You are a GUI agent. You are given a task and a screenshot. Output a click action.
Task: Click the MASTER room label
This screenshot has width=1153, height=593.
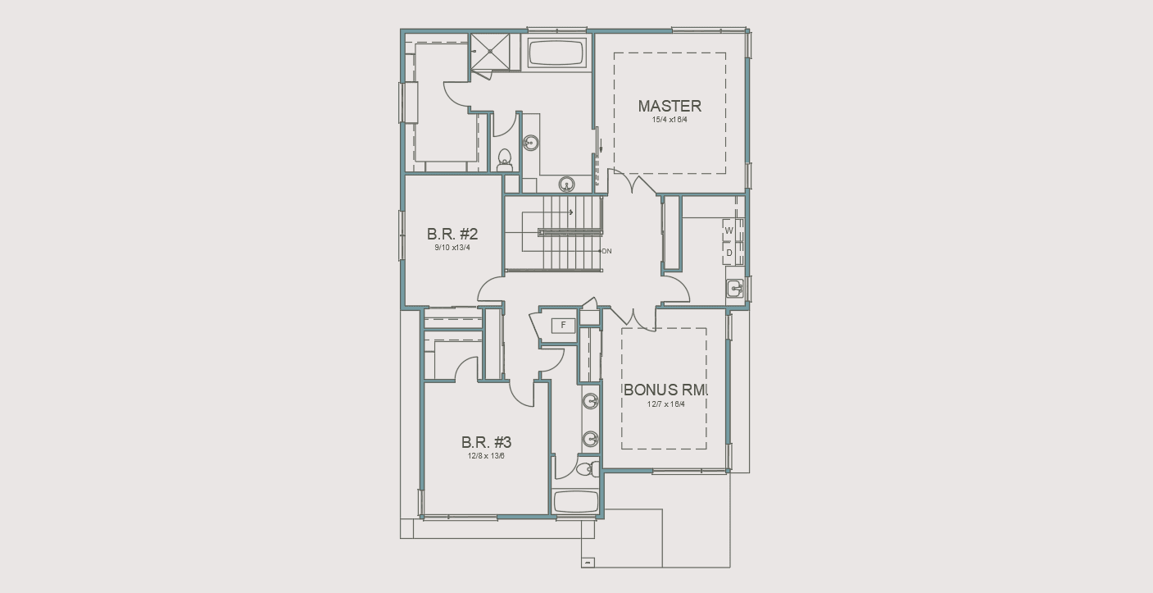coord(670,106)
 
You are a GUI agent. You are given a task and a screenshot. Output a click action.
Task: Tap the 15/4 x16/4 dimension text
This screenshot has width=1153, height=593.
coord(670,120)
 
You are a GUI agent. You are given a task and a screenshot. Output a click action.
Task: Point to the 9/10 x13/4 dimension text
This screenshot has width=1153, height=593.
coord(452,248)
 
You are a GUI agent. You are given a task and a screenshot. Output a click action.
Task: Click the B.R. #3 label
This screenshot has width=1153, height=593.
coord(486,443)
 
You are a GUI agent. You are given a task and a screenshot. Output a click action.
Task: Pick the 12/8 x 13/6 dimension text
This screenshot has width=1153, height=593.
coord(486,455)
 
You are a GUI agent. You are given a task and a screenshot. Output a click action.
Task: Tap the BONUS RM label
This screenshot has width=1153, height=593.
coord(665,390)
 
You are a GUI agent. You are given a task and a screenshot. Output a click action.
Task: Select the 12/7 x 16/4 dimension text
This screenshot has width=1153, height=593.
coord(665,404)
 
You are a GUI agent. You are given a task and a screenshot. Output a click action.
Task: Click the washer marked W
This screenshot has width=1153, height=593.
coord(729,231)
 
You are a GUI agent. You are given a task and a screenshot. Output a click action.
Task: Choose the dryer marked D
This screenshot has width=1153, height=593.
coord(729,253)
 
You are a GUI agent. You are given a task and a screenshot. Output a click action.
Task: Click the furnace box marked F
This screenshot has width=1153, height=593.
coord(563,326)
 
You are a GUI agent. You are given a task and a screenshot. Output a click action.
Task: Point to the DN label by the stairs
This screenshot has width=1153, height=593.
coord(606,251)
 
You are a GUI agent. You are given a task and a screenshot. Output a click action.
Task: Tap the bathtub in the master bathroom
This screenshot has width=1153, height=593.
coord(556,54)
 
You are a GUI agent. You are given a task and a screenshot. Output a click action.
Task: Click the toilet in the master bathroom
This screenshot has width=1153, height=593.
coord(504,158)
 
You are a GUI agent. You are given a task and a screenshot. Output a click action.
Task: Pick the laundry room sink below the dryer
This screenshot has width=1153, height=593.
coord(734,288)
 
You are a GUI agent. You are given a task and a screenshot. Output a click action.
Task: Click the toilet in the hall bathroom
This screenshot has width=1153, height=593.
coord(584,469)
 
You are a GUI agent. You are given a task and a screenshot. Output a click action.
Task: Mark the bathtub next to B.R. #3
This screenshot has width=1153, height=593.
coord(575,502)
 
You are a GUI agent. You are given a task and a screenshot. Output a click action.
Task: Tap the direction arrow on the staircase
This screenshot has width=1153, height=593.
coord(570,212)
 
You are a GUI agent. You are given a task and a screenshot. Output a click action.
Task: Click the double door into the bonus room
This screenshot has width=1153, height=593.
coord(632,315)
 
